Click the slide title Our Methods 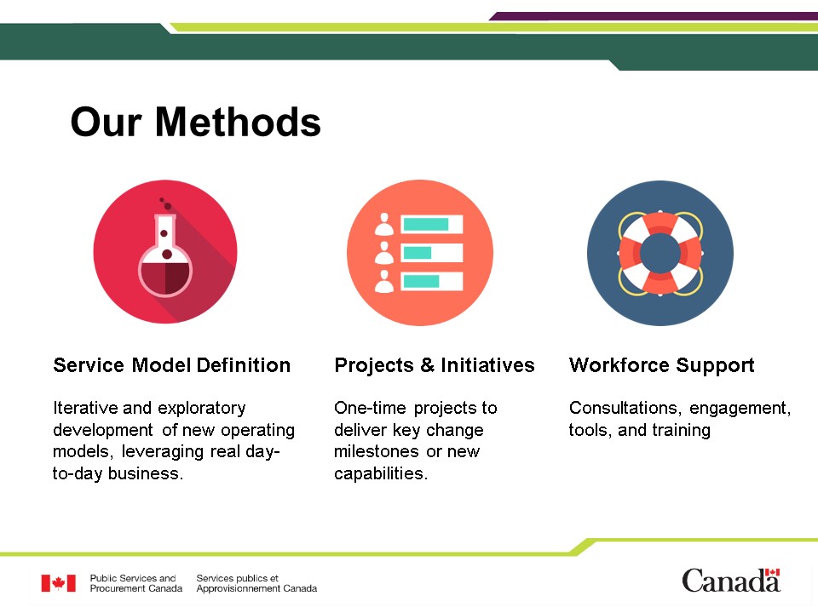pyautogui.click(x=196, y=122)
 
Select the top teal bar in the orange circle pyautogui.click(x=426, y=224)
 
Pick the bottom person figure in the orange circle pyautogui.click(x=384, y=282)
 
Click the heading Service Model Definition pyautogui.click(x=171, y=365)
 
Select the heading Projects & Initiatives pyautogui.click(x=435, y=365)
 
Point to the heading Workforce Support pyautogui.click(x=661, y=365)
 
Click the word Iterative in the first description pyautogui.click(x=86, y=408)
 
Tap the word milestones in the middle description pyautogui.click(x=377, y=451)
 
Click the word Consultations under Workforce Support pyautogui.click(x=625, y=408)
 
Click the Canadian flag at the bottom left pyautogui.click(x=59, y=583)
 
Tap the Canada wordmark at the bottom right pyautogui.click(x=731, y=581)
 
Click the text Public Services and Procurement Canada pyautogui.click(x=136, y=583)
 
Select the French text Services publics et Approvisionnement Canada pyautogui.click(x=256, y=583)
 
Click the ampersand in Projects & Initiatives pyautogui.click(x=427, y=365)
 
